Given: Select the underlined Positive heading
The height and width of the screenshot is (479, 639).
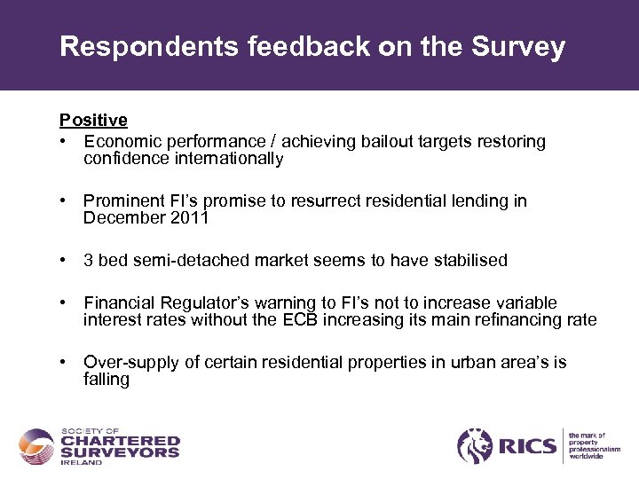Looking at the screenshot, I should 93,120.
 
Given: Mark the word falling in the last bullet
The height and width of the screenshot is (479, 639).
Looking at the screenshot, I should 106,380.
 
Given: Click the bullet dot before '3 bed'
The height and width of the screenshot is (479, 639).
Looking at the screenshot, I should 64,261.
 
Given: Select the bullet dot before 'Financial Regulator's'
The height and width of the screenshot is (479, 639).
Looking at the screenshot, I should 64,303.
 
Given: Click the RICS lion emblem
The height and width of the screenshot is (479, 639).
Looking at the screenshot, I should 475,445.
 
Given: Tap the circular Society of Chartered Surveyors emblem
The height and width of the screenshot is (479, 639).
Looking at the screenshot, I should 37,446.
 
